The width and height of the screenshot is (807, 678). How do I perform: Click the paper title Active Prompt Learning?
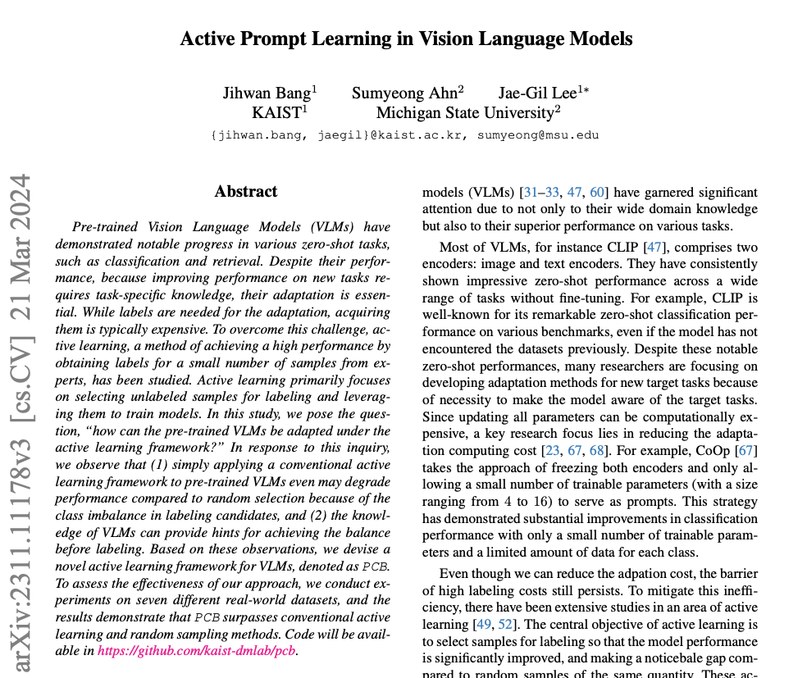point(406,39)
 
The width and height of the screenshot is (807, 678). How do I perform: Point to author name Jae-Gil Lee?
point(542,93)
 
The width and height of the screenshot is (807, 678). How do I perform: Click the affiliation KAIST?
point(279,112)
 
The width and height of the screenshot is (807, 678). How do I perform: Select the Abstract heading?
point(246,192)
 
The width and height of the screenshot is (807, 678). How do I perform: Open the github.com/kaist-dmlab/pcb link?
point(197,651)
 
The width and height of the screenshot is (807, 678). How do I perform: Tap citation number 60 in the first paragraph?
point(597,193)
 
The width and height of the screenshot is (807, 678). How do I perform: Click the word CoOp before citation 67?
point(711,451)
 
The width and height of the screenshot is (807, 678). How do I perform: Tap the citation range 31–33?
point(541,193)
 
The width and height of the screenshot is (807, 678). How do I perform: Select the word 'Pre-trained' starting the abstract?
point(100,227)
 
